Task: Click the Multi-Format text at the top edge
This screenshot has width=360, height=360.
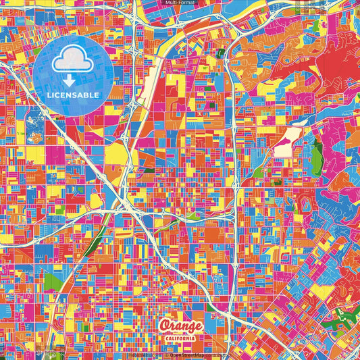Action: coord(180,3)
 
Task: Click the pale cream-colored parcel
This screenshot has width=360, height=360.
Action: coord(288,139)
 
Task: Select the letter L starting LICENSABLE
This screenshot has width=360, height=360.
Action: coord(49,95)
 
